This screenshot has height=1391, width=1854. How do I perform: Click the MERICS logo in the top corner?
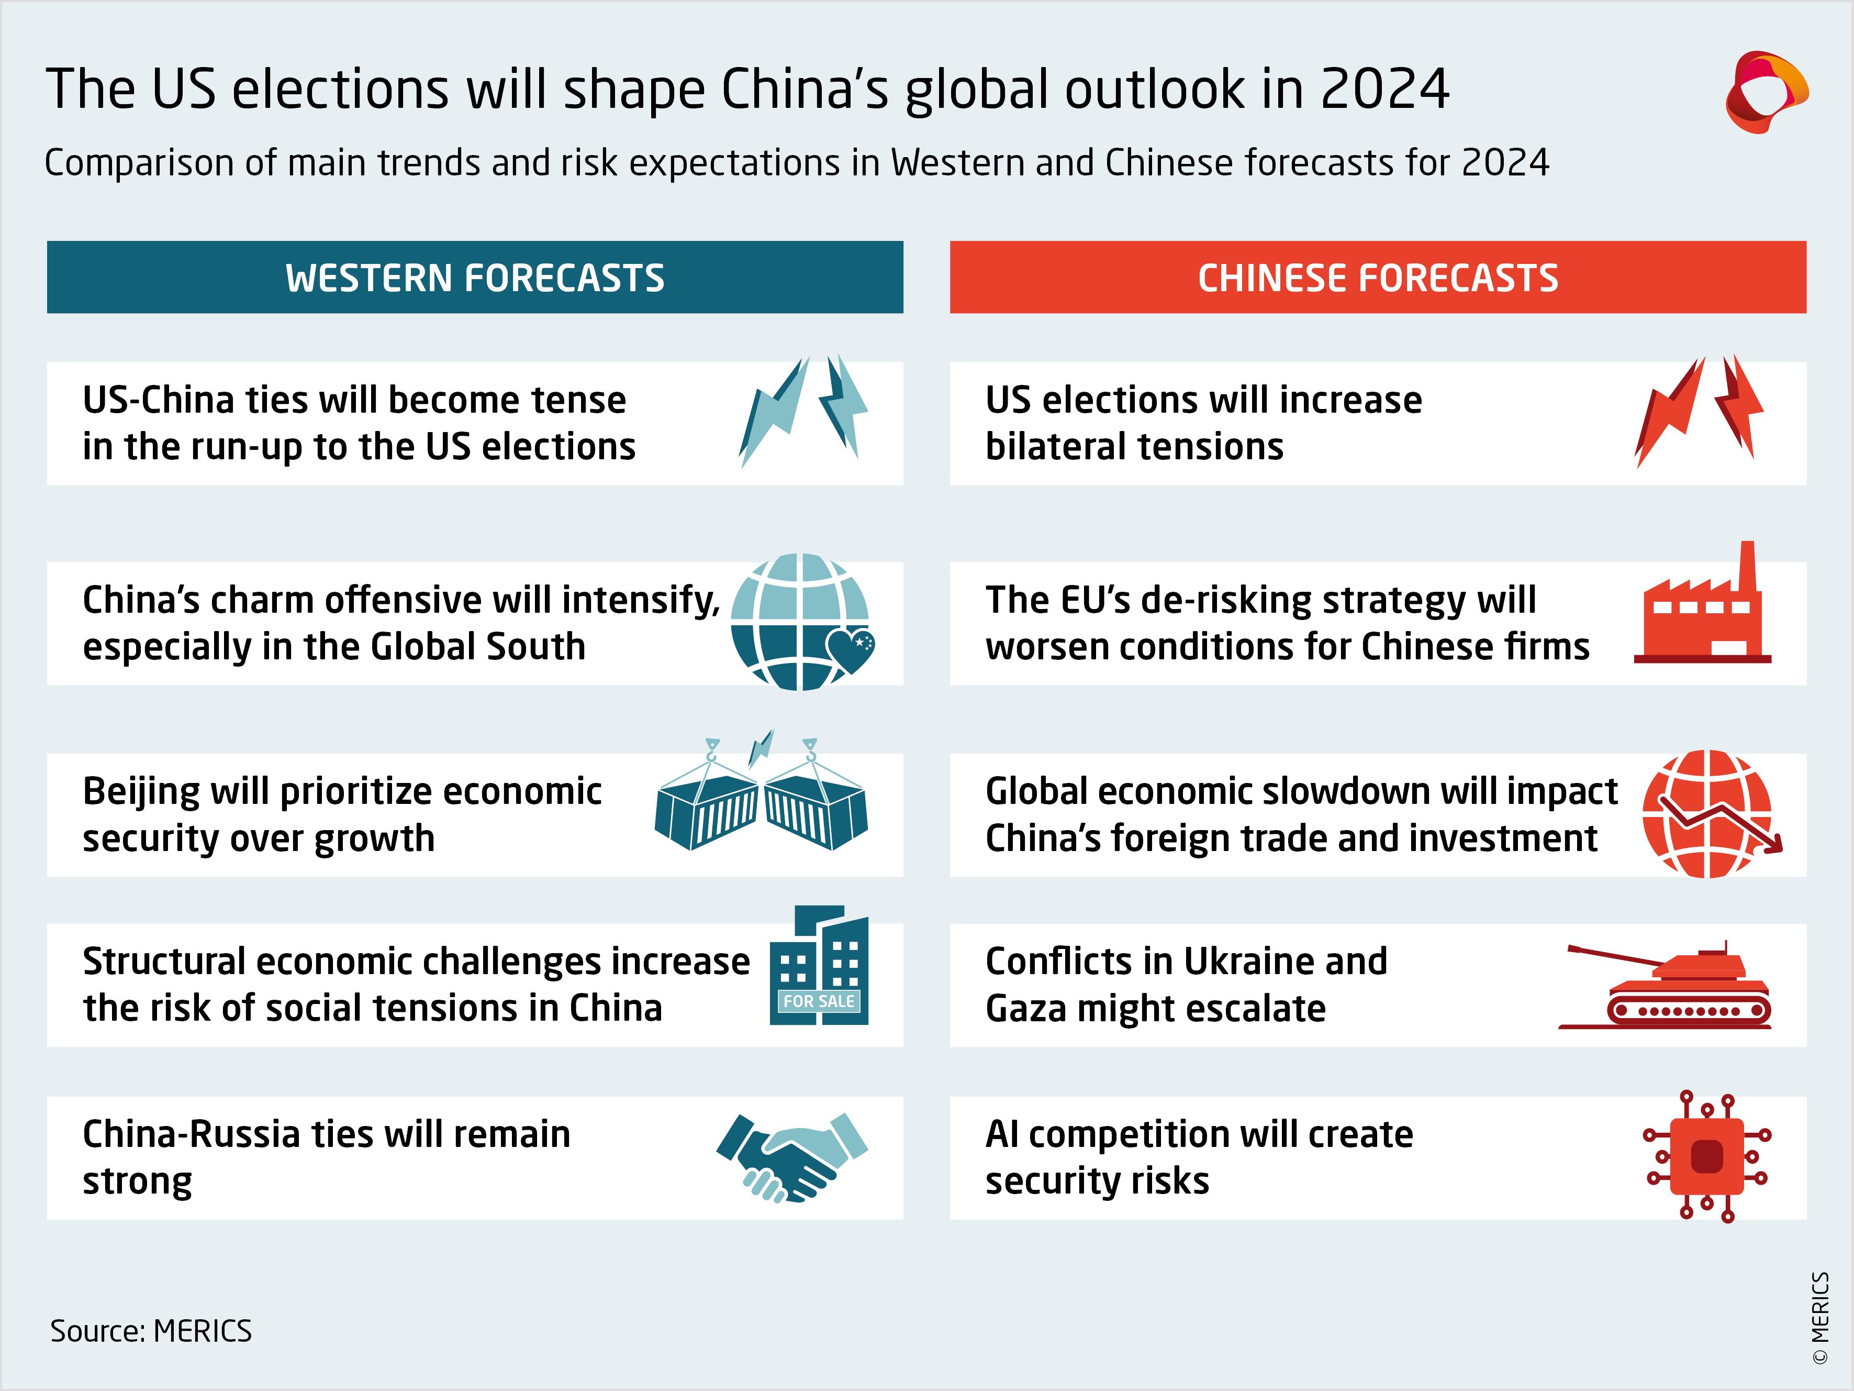click(1765, 92)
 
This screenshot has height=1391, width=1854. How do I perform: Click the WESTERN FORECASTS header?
click(474, 278)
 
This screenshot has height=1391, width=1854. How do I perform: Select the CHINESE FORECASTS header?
click(1377, 278)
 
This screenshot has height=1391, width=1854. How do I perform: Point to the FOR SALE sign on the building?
click(818, 1001)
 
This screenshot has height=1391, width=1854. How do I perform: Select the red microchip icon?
click(1706, 1157)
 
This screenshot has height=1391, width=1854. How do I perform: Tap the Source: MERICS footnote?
click(151, 1331)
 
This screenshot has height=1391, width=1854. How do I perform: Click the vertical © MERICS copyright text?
click(1819, 1317)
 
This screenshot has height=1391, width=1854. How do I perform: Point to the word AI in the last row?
click(1002, 1134)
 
